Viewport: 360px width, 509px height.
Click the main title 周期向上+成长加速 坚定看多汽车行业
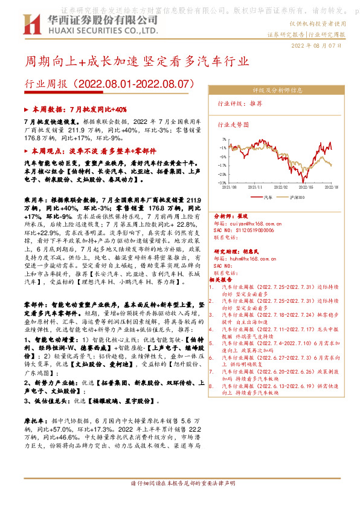136,62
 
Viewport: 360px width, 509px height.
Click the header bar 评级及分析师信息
277,91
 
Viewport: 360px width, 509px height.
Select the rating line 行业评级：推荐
240,103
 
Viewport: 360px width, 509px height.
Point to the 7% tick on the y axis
223,138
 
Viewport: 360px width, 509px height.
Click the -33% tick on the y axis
222,182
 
